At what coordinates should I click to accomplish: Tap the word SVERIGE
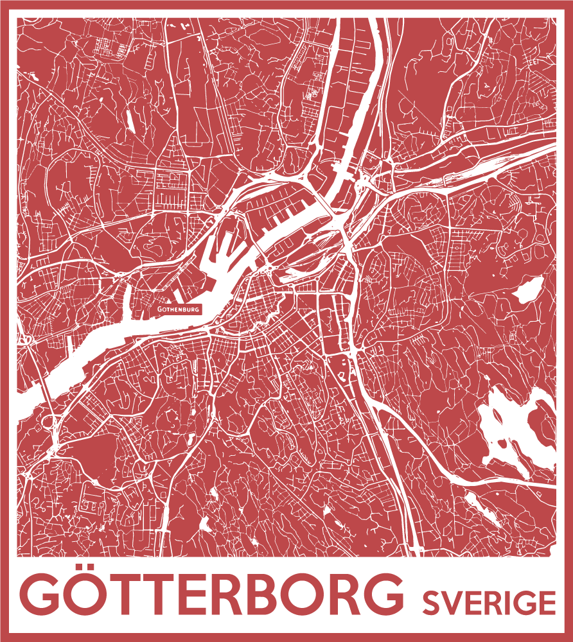[x=489, y=603]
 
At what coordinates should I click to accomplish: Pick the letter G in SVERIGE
[x=522, y=603]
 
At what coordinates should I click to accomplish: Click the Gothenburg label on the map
[x=179, y=309]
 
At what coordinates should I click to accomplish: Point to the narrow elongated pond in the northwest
[x=129, y=119]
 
